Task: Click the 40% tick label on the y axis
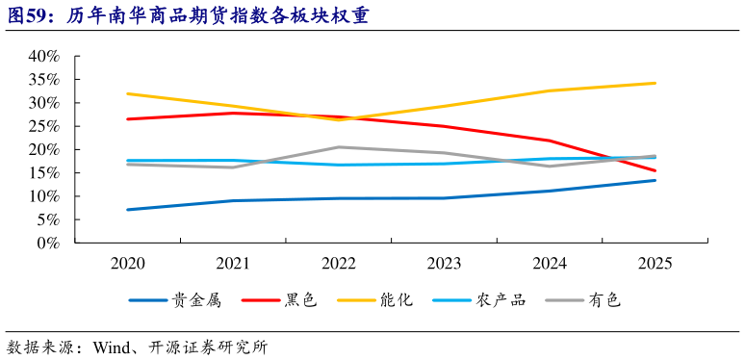[x=43, y=56]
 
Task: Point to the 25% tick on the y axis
[x=43, y=126]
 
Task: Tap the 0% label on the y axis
[x=49, y=243]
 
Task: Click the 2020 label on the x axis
[x=127, y=263]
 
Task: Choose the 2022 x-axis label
[x=338, y=263]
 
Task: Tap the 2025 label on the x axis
[x=655, y=263]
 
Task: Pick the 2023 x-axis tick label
[x=444, y=263]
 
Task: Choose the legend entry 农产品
[x=501, y=300]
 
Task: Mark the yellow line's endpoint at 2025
[x=655, y=83]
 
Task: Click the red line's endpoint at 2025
[x=655, y=170]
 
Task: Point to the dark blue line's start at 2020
[x=127, y=209]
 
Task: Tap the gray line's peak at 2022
[x=338, y=147]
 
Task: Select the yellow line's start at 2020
[x=127, y=93]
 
